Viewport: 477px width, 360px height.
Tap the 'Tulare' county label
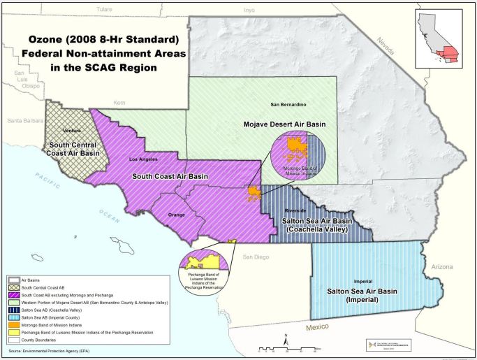click(x=104, y=9)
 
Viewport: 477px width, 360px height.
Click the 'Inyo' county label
click(x=249, y=10)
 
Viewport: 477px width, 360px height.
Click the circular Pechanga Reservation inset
click(x=205, y=266)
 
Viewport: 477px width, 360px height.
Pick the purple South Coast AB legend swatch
click(x=15, y=294)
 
